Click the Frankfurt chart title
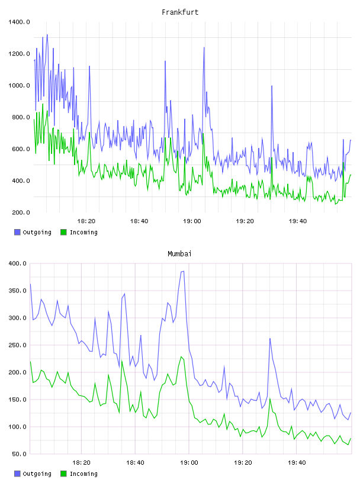[180, 12]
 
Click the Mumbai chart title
[179, 254]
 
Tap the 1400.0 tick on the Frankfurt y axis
[19, 22]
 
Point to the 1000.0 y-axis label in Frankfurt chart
[19, 85]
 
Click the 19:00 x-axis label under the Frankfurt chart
[192, 221]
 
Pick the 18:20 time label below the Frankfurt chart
[86, 221]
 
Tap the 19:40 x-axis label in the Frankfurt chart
[297, 221]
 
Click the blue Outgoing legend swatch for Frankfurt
[17, 232]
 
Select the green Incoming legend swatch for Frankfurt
[63, 232]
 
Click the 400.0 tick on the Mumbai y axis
[17, 263]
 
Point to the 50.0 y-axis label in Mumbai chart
[19, 454]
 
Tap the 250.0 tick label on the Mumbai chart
[17, 345]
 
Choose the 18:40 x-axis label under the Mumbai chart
[135, 462]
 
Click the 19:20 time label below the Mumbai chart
[243, 462]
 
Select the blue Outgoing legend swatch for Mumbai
[17, 474]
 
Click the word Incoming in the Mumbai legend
[83, 474]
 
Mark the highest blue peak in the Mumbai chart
[184, 271]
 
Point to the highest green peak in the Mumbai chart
[181, 357]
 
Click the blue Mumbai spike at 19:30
[270, 339]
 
